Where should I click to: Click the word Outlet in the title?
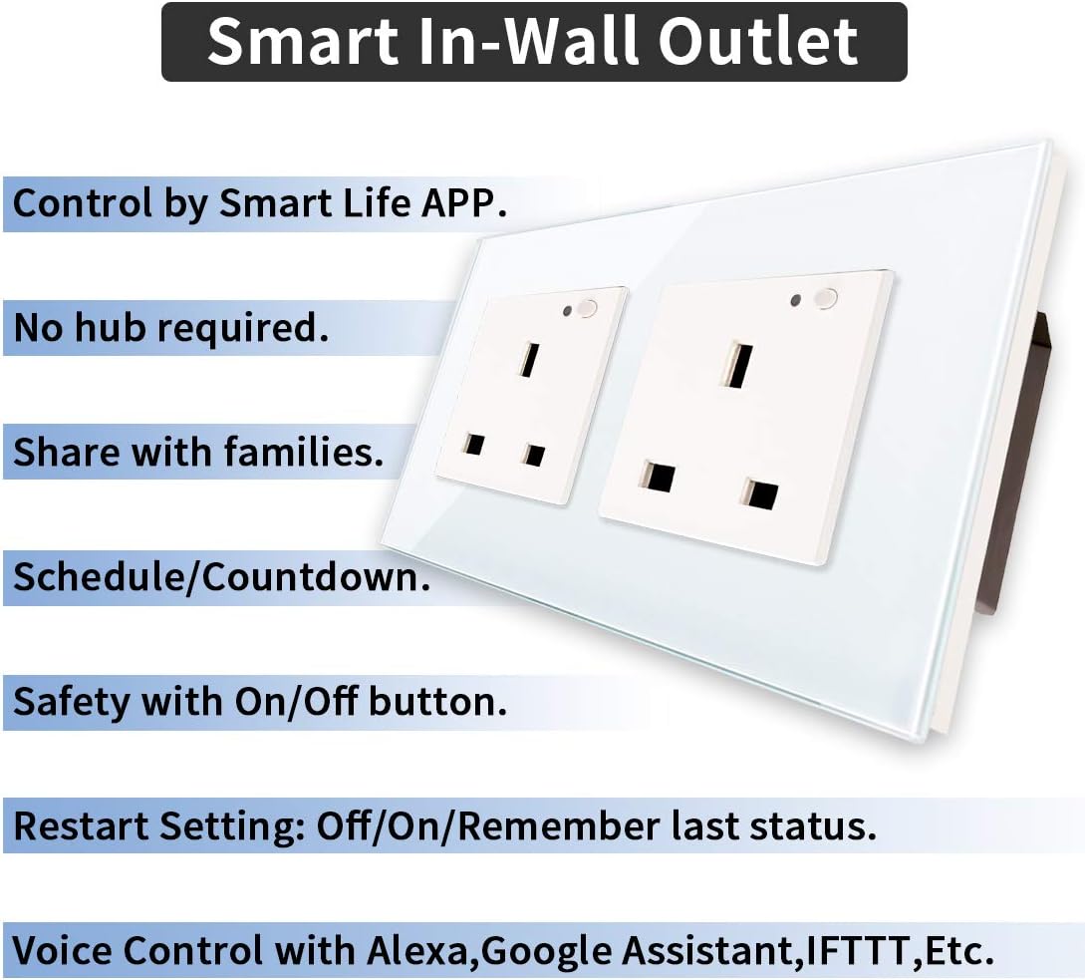coord(757,42)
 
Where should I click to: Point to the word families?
coord(303,452)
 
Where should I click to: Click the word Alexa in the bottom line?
coord(421,950)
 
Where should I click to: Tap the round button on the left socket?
coord(587,308)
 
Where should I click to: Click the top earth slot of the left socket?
coord(529,359)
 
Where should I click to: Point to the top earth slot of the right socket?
coord(737,364)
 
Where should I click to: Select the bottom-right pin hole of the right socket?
coord(760,493)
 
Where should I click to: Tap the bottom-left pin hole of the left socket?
coord(474,444)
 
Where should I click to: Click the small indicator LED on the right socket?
coord(796,300)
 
